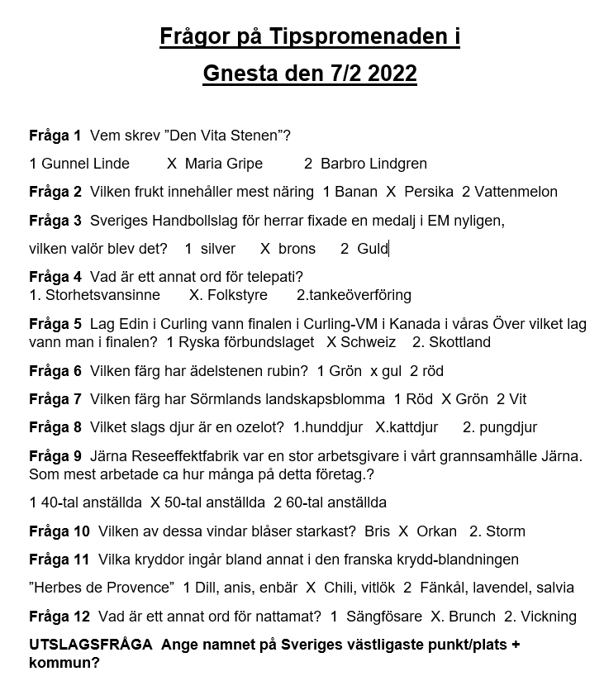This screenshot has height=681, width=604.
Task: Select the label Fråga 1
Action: pyautogui.click(x=55, y=135)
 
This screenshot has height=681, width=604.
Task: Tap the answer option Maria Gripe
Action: pyautogui.click(x=223, y=164)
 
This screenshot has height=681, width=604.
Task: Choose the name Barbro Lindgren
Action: pyautogui.click(x=373, y=164)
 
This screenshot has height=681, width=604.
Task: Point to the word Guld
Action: pyautogui.click(x=373, y=249)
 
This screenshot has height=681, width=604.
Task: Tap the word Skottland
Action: pyautogui.click(x=459, y=342)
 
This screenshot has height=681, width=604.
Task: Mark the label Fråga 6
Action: pyautogui.click(x=55, y=371)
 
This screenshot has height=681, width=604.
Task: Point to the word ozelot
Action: pyautogui.click(x=262, y=428)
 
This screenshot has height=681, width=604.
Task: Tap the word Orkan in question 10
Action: pyautogui.click(x=436, y=531)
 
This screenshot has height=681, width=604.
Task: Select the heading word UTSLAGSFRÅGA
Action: pyautogui.click(x=91, y=645)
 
